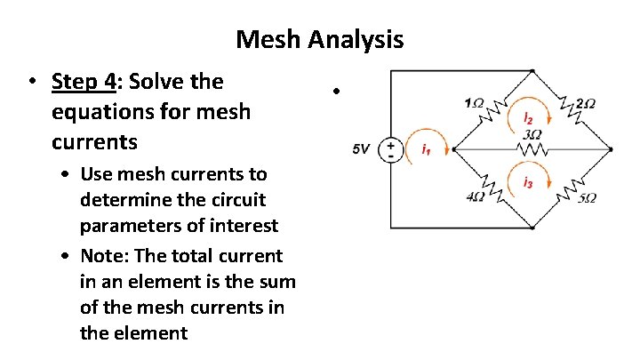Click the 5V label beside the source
point(361,150)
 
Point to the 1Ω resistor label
point(474,103)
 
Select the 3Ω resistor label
point(532,133)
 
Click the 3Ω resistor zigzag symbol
point(532,148)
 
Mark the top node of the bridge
point(532,71)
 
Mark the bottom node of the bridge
point(532,228)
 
